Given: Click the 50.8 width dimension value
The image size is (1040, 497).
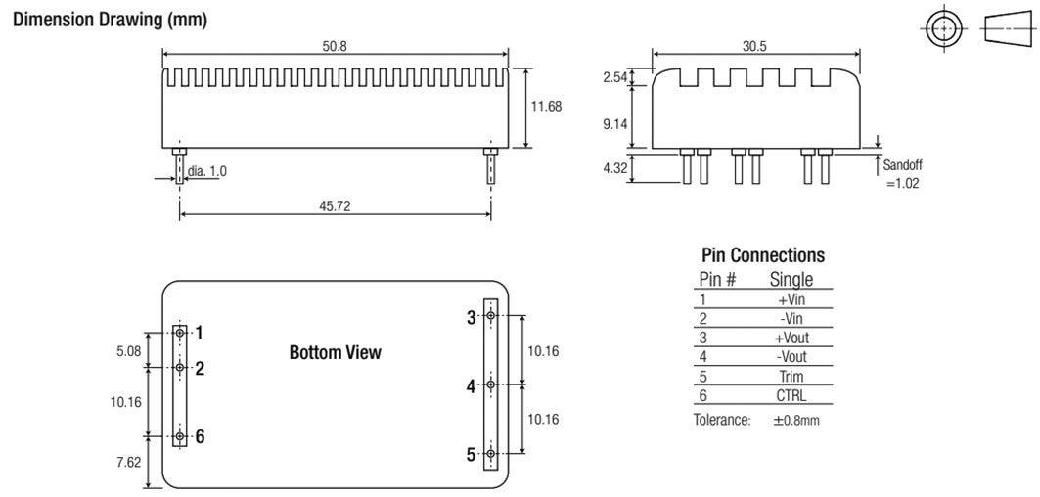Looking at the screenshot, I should (x=336, y=47).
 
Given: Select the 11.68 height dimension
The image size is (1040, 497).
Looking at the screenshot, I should (x=546, y=107).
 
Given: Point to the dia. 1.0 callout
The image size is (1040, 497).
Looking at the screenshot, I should (x=206, y=171).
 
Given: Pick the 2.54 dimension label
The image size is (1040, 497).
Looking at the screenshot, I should (x=613, y=77).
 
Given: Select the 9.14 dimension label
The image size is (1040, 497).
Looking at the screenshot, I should (x=613, y=125).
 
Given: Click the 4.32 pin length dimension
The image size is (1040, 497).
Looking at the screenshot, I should (x=613, y=168).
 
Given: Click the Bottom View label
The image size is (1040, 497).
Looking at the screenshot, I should (x=336, y=352).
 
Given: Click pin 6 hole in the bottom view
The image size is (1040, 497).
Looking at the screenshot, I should (x=179, y=436).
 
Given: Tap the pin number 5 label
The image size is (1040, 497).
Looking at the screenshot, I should (x=471, y=455).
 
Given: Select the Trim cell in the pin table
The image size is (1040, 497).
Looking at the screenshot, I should (x=791, y=377).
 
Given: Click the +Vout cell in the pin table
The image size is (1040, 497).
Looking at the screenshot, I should (x=791, y=338).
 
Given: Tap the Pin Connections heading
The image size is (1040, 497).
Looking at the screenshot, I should (x=763, y=255).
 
